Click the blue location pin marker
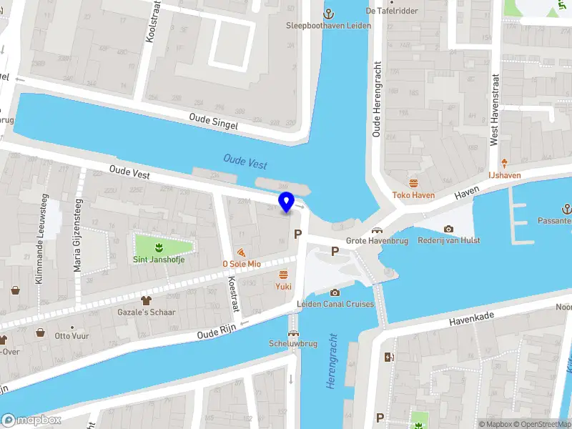tap(286, 202)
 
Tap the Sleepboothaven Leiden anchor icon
tap(330, 13)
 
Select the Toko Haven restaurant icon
tap(413, 182)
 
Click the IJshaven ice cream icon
tap(504, 163)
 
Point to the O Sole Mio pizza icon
tap(242, 252)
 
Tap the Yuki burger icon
tap(284, 275)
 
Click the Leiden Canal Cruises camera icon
tap(335, 292)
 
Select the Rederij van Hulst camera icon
tap(448, 229)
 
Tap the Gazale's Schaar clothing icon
tap(147, 300)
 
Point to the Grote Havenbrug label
tap(377, 241)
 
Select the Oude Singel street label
tap(213, 121)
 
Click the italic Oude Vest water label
tap(245, 162)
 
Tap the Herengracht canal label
tap(331, 361)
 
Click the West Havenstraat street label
tap(493, 109)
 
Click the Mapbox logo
tap(31, 420)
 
